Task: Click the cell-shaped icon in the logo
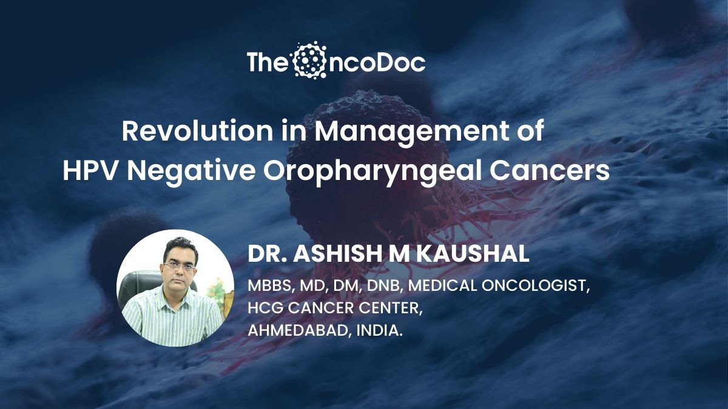pos(309,61)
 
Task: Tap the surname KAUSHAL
pos(473,254)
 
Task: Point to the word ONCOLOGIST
pos(535,286)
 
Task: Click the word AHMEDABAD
pos(298,331)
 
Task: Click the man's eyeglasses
pos(180,266)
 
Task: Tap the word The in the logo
pos(266,62)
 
